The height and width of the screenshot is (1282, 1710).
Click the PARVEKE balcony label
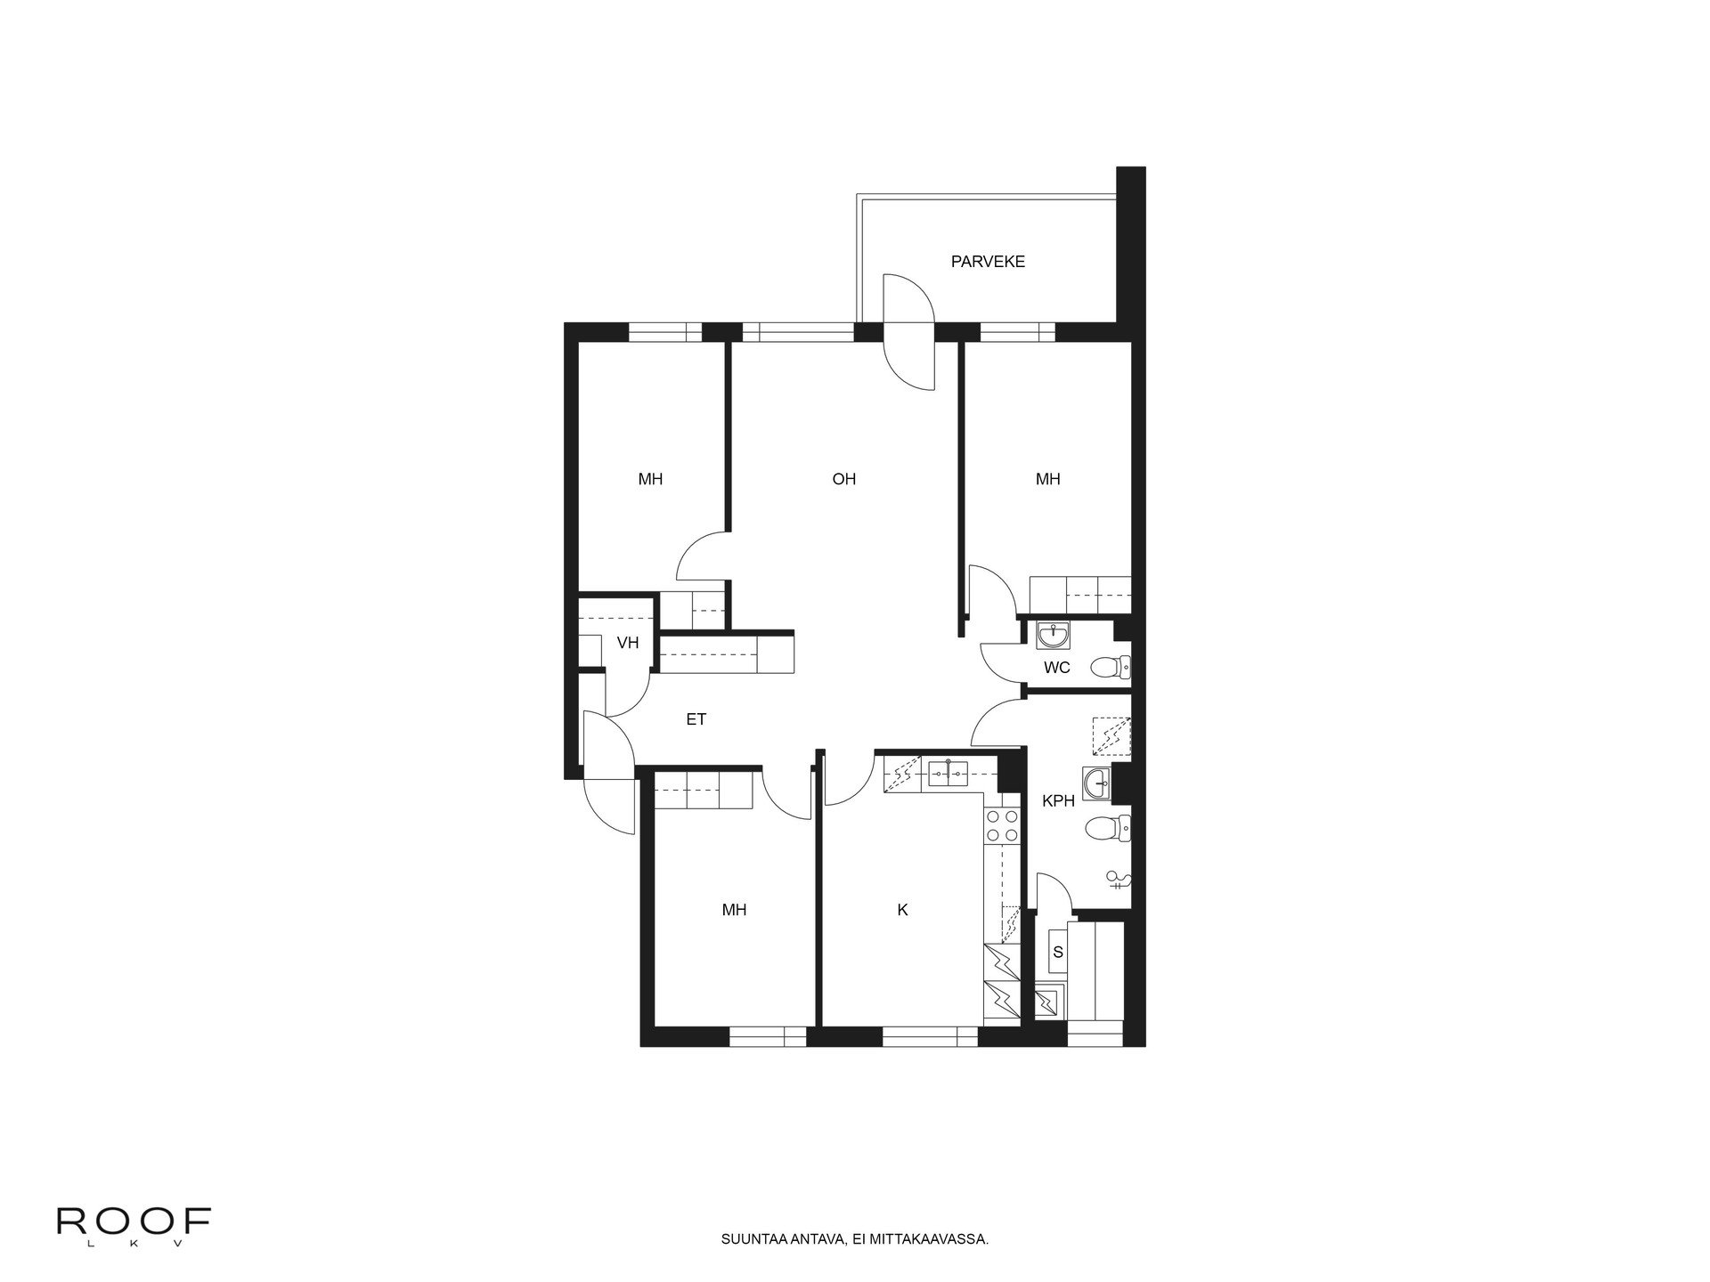988,262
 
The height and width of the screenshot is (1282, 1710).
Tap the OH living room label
843,479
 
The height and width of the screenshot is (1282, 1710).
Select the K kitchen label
902,910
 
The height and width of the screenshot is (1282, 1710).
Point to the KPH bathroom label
1058,800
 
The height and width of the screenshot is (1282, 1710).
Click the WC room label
1056,668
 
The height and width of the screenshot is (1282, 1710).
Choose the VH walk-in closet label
628,643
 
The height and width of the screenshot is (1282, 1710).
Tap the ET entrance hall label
696,719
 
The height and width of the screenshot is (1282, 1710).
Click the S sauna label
1058,953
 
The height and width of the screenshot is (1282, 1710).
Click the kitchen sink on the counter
950,774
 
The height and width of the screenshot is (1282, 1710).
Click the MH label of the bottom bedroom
734,910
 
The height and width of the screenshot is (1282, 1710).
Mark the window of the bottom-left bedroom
768,1037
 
